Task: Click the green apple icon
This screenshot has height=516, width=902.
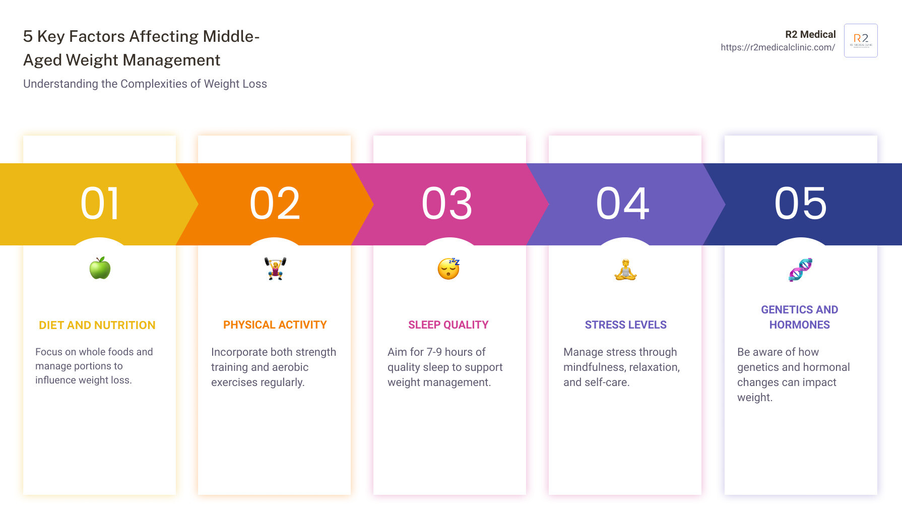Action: [x=100, y=268]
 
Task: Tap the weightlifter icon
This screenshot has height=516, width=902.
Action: [x=275, y=269]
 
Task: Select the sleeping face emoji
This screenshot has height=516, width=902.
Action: [x=448, y=269]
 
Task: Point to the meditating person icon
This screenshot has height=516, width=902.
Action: [x=625, y=270]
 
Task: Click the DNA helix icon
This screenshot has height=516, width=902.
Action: [x=800, y=270]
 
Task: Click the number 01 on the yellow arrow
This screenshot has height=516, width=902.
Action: [x=100, y=204]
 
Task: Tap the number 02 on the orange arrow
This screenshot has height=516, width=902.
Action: [x=275, y=204]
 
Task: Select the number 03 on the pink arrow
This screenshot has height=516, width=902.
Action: [x=447, y=204]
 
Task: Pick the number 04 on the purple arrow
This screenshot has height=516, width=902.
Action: [x=623, y=204]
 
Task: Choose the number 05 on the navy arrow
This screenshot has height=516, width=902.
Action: [x=801, y=204]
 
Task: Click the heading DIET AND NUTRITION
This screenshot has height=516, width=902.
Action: [x=97, y=326]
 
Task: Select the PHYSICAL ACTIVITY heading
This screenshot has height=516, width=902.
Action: [x=275, y=325]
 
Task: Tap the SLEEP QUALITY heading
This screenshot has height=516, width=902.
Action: [x=448, y=325]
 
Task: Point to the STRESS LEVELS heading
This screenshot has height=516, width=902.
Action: [x=626, y=325]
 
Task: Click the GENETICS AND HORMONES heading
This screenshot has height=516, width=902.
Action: [x=800, y=317]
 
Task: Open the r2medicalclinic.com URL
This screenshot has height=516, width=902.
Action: [x=778, y=47]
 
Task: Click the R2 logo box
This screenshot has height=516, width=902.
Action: [x=861, y=40]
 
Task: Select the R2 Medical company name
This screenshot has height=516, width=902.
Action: [x=810, y=34]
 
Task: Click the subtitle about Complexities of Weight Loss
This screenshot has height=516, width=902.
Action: [x=145, y=84]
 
